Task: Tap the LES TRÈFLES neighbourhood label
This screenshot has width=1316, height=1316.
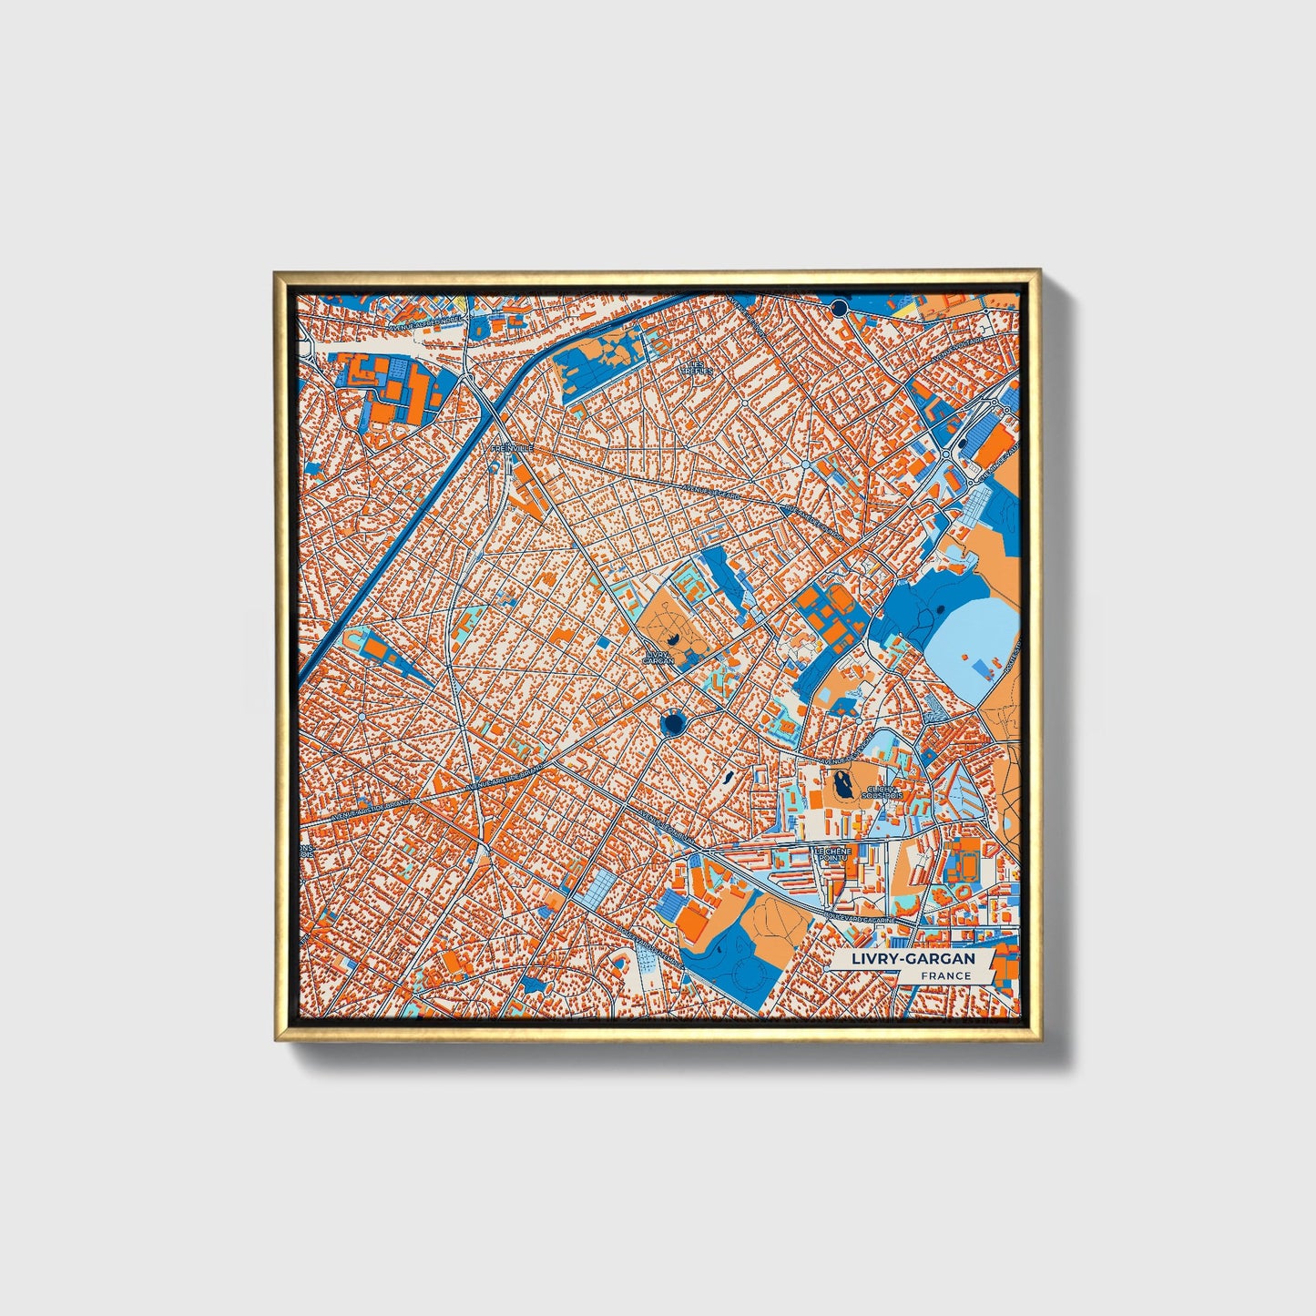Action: (x=698, y=366)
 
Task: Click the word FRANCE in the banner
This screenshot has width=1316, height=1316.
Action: (x=944, y=975)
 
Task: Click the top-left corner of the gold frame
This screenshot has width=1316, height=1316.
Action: (x=275, y=271)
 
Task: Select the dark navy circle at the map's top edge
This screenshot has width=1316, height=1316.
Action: (x=839, y=305)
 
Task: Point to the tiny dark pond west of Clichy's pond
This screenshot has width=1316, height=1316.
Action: (x=726, y=780)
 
